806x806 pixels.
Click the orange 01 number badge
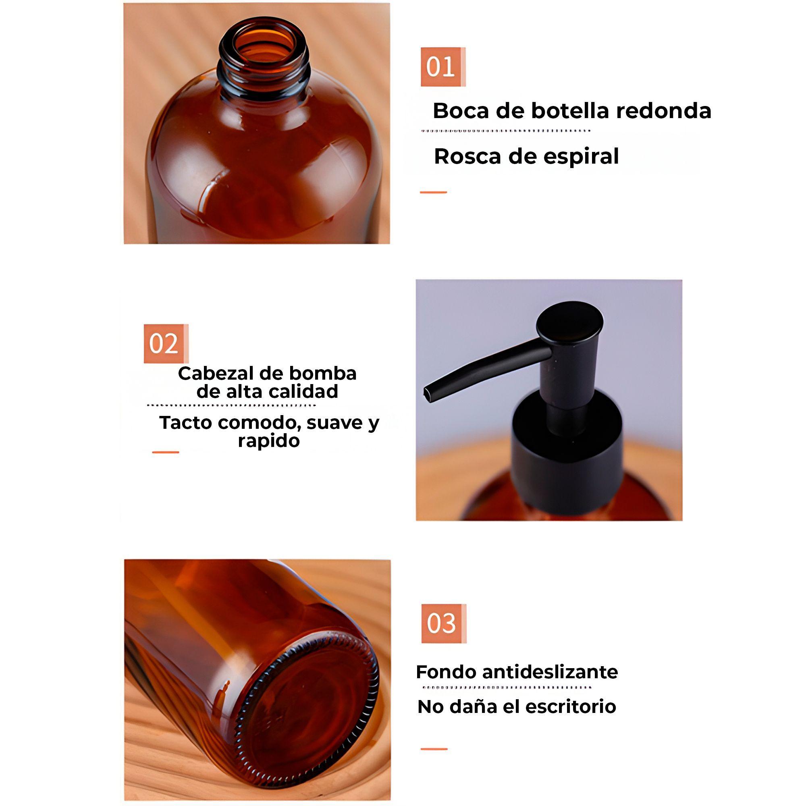tap(442, 67)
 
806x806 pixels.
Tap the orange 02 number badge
tap(166, 343)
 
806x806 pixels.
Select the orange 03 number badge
tap(443, 623)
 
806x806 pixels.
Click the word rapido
tap(269, 440)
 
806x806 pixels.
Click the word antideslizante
tap(550, 672)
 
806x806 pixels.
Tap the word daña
tap(476, 707)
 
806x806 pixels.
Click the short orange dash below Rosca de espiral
tap(433, 192)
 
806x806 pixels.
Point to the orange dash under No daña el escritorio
tap(434, 749)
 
